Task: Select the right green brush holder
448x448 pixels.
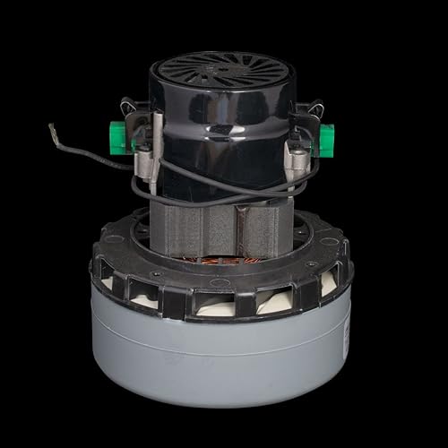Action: coord(324,140)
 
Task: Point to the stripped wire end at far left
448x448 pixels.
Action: coord(55,131)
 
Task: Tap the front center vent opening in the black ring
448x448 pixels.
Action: coord(224,303)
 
